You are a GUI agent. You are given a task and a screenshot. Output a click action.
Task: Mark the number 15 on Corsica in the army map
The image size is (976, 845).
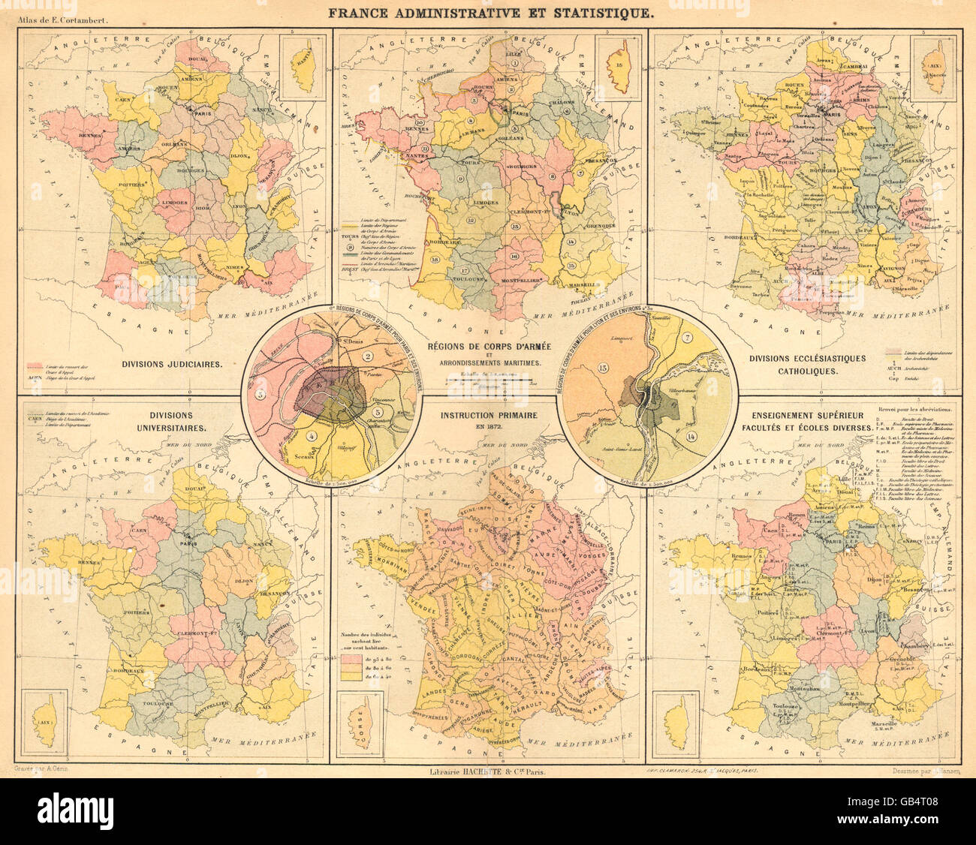tap(618, 66)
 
